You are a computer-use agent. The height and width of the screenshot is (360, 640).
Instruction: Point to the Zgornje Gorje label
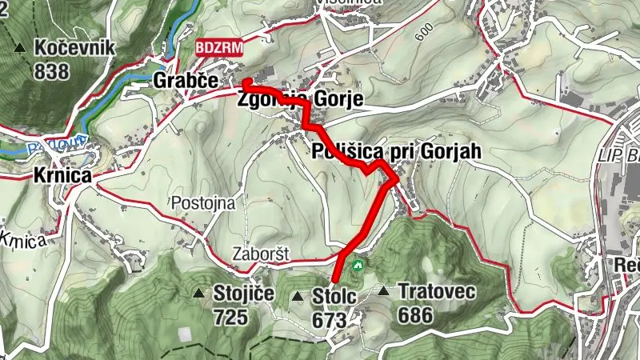pos(300,99)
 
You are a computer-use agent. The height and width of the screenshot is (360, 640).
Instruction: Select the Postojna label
pos(203,203)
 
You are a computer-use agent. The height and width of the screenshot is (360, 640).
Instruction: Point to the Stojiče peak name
pos(244,294)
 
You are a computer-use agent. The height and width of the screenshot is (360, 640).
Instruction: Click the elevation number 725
pos(230,317)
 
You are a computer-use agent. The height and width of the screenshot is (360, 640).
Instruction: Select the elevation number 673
pos(330,320)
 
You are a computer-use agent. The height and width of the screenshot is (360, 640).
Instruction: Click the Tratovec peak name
pos(436,292)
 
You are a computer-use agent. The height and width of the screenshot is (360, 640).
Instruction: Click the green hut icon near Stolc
pos(357,262)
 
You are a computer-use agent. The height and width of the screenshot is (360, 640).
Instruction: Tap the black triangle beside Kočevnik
pos(20,48)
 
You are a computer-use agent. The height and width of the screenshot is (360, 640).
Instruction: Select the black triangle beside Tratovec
pos(385,292)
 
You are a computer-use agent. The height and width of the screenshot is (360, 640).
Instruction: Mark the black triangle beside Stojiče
pos(198,294)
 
